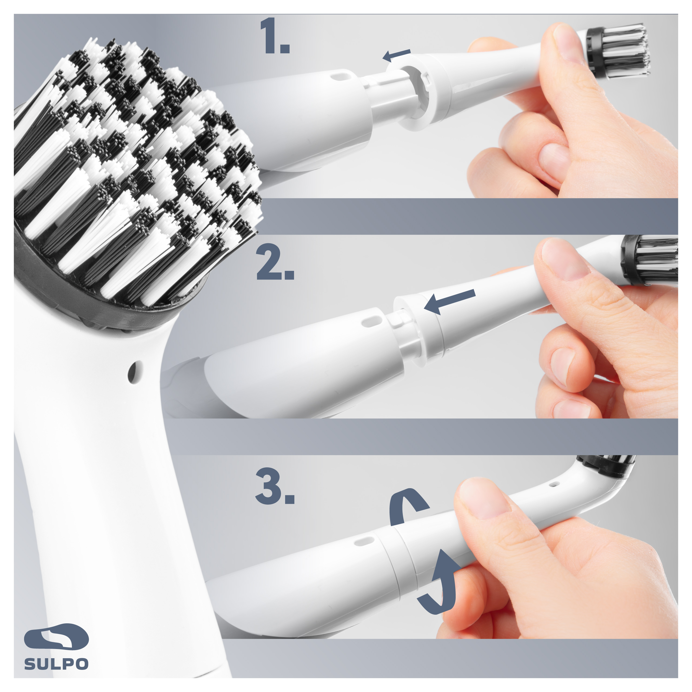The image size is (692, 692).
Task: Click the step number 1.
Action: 275,36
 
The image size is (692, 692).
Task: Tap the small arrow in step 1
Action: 397,55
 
